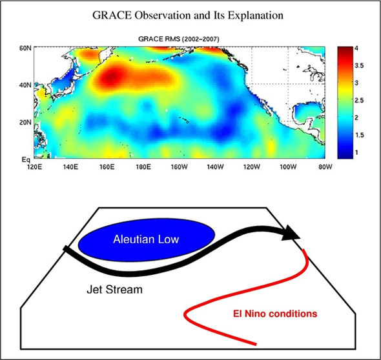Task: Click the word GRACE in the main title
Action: [x=112, y=15]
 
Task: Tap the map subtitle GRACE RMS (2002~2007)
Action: [x=179, y=39]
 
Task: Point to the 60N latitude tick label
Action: [x=25, y=48]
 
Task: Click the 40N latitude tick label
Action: [x=25, y=85]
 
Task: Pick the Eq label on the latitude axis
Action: [x=26, y=160]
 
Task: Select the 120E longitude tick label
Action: [x=34, y=167]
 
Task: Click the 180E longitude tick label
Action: [x=143, y=167]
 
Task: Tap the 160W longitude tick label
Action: [x=180, y=167]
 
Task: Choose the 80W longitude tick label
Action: [x=325, y=167]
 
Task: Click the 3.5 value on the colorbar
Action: [x=359, y=66]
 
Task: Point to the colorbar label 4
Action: [x=356, y=48]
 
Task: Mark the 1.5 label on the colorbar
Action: [x=359, y=135]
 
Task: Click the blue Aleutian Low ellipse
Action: [x=147, y=240]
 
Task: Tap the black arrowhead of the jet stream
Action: [x=291, y=233]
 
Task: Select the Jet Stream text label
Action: [x=114, y=290]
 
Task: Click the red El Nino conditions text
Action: [x=275, y=314]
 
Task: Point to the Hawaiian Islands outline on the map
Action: [x=183, y=119]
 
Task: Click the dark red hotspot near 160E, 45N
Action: [x=110, y=77]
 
